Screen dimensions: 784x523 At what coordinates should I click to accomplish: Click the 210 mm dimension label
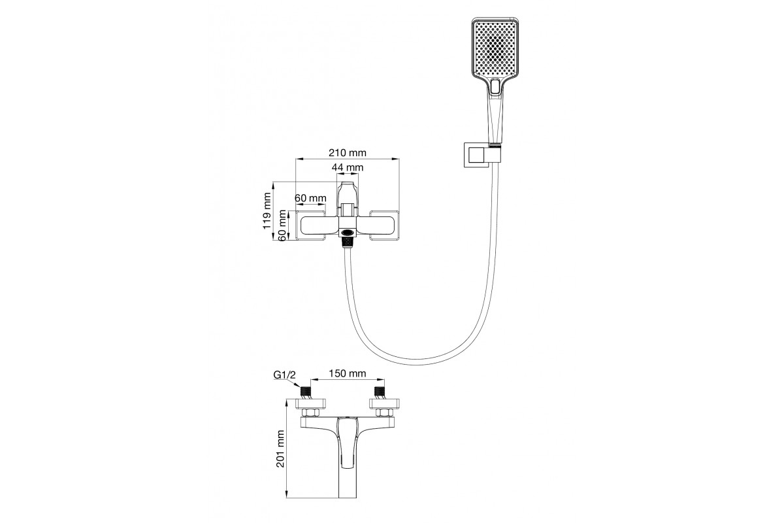tap(347, 153)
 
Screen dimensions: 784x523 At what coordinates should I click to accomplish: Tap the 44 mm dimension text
tap(348, 168)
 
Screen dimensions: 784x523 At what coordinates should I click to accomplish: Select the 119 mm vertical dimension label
tap(267, 211)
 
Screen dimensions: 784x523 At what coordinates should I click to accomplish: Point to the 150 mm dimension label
tap(348, 374)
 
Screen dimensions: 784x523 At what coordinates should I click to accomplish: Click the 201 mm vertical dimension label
tap(281, 448)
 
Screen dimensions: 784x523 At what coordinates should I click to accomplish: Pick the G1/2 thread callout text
tap(285, 375)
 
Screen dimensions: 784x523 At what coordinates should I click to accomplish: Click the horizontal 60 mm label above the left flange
tap(310, 198)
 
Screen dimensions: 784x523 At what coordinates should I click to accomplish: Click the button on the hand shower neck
tap(495, 86)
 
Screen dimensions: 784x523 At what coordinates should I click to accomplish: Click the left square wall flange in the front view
tap(311, 226)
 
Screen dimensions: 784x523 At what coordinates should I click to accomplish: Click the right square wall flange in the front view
tap(385, 226)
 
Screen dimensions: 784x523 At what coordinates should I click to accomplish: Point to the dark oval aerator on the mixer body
tap(348, 231)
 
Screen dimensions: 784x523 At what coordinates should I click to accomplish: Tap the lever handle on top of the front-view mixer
tap(348, 198)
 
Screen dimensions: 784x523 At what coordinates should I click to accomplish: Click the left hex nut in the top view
tap(311, 413)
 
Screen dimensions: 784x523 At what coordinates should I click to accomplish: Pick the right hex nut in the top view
tap(384, 413)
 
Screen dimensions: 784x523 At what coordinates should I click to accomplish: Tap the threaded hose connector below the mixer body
tap(348, 242)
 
